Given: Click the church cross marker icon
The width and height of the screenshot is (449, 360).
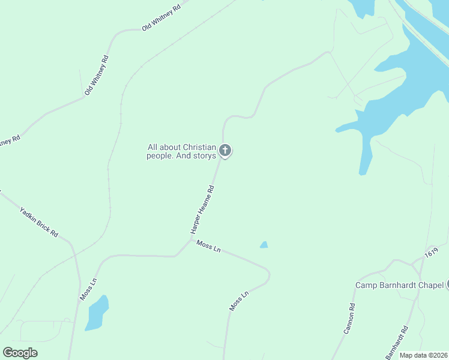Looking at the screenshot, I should click(x=225, y=150).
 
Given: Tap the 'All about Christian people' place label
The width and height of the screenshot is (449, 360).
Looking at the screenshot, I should click(x=182, y=151).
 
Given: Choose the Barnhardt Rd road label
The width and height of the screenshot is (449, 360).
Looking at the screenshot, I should click(x=397, y=338).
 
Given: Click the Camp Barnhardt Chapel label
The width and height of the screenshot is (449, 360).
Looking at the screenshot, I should click(x=399, y=285).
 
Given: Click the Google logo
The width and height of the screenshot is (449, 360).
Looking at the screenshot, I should click(x=20, y=353).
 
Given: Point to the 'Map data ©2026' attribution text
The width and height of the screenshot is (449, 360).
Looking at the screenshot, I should click(x=424, y=355).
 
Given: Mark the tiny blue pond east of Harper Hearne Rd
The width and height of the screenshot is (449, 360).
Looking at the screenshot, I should click(x=264, y=245).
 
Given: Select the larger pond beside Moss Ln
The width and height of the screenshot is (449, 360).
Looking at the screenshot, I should click(x=97, y=313).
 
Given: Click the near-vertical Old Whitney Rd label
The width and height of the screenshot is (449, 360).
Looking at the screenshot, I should click(x=96, y=76).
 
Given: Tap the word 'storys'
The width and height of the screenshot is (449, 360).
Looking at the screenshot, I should click(x=205, y=156).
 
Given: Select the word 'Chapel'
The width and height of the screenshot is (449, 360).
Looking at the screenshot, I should click(x=430, y=285).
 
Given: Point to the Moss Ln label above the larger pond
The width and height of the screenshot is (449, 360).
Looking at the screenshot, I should click(x=88, y=289).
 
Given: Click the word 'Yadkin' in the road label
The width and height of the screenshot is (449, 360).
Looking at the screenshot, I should click(x=29, y=215).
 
